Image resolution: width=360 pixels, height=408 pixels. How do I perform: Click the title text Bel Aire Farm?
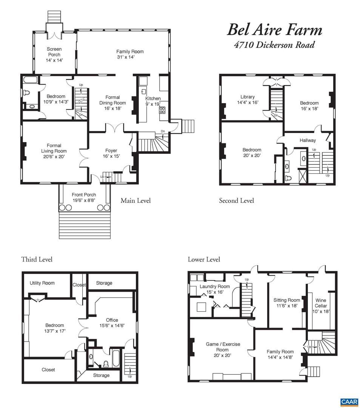(x=275, y=30)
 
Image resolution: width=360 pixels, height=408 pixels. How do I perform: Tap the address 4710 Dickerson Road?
(x=274, y=45)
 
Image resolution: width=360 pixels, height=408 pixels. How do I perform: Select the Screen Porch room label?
(x=54, y=52)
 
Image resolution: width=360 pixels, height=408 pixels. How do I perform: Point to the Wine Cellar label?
(x=321, y=303)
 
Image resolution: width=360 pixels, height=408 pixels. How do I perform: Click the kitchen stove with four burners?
(x=163, y=110)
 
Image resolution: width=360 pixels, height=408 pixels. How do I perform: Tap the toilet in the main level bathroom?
(x=26, y=93)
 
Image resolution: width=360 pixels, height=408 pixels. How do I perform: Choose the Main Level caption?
(x=135, y=201)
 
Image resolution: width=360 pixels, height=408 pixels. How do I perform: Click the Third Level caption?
(x=37, y=260)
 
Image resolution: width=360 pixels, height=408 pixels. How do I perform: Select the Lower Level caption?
(x=204, y=260)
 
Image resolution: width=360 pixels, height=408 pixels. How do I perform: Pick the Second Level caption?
(x=236, y=201)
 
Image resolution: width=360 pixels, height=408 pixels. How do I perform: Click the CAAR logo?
(x=349, y=402)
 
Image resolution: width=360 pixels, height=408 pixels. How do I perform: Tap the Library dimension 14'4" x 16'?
(x=248, y=102)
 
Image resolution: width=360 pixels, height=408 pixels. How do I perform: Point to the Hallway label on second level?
(x=308, y=141)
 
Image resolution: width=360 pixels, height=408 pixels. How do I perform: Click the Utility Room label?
(x=42, y=283)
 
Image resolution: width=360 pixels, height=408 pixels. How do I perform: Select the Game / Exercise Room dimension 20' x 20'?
(x=223, y=355)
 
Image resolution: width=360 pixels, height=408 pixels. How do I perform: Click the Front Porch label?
(x=84, y=195)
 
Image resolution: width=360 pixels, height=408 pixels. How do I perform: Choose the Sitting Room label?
(x=287, y=300)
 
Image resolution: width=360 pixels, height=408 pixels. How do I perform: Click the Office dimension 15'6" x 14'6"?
(x=112, y=326)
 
